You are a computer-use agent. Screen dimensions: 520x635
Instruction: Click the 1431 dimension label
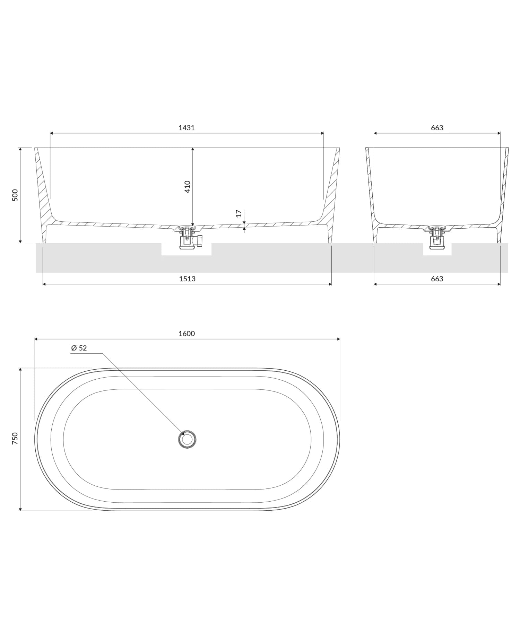pyautogui.click(x=187, y=128)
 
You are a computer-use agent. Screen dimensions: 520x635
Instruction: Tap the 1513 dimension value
pyautogui.click(x=187, y=279)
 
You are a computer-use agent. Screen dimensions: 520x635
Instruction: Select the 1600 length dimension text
pyautogui.click(x=187, y=334)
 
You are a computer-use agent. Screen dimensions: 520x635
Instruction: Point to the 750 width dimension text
pyautogui.click(x=15, y=439)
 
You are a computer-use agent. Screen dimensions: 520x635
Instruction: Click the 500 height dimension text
pyautogui.click(x=15, y=195)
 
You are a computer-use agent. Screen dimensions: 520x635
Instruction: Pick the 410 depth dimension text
pyautogui.click(x=187, y=187)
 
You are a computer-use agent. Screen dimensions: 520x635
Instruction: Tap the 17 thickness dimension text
pyautogui.click(x=239, y=214)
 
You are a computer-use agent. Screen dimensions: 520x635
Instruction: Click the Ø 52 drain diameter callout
pyautogui.click(x=79, y=348)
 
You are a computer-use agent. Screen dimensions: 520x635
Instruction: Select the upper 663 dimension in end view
pyautogui.click(x=437, y=128)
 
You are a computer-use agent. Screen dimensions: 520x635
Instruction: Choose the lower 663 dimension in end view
pyautogui.click(x=437, y=279)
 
